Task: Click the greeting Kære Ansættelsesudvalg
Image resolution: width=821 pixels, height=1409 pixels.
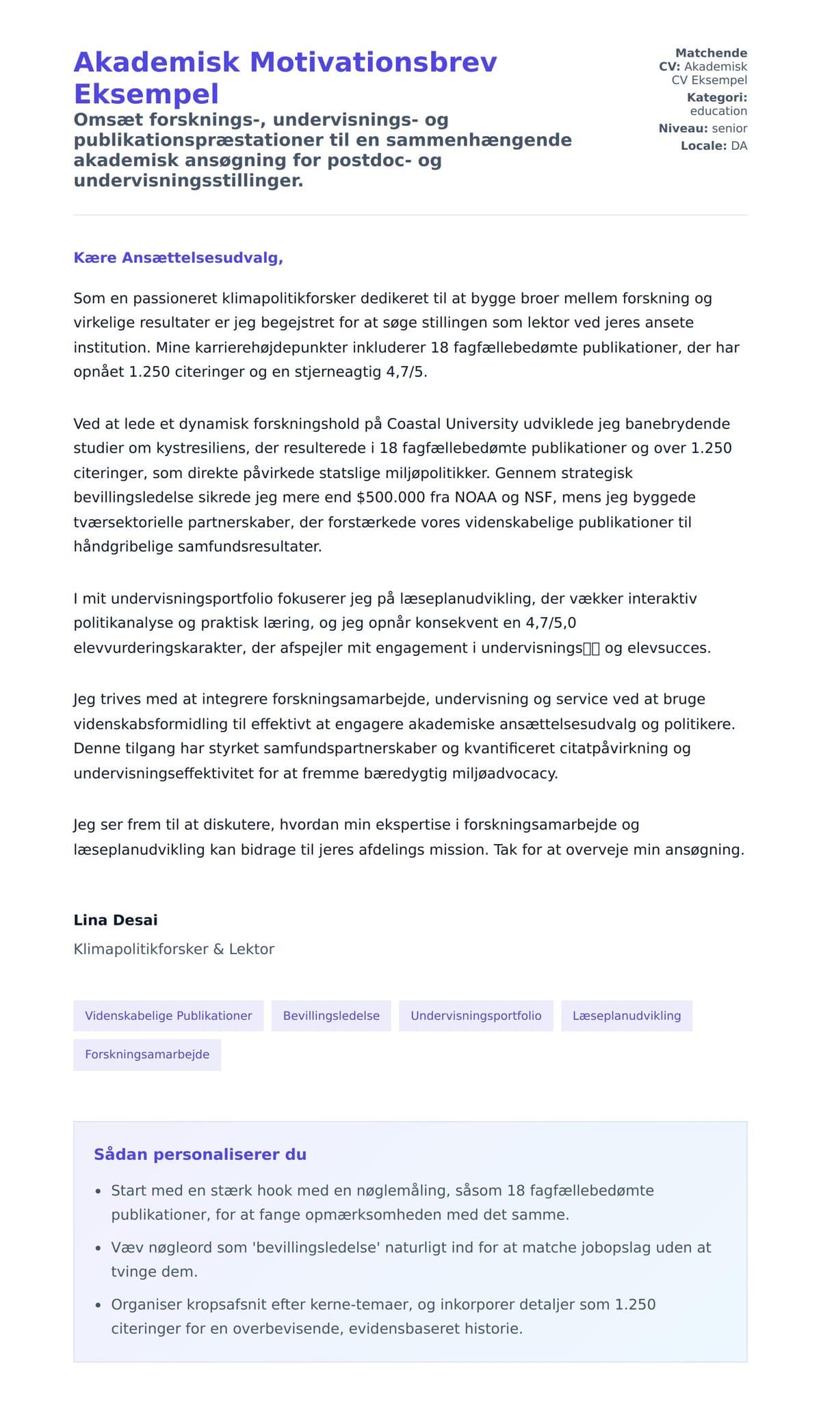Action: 178,258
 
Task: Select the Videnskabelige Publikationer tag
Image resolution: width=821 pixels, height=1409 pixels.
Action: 168,1016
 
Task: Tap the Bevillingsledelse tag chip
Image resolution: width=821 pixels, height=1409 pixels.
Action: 331,1016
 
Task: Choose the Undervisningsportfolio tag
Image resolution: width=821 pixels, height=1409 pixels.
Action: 475,1016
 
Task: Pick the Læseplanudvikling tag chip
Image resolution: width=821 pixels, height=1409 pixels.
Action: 626,1016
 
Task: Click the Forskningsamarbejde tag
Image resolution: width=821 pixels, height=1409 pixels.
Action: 147,1055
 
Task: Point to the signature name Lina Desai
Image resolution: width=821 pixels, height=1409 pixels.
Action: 116,920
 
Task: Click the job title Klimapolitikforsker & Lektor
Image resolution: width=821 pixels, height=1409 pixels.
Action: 174,949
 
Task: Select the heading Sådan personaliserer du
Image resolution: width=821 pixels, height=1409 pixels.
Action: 200,1155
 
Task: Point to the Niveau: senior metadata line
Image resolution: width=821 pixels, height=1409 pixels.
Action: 703,129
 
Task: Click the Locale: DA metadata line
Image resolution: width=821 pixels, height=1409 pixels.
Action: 714,146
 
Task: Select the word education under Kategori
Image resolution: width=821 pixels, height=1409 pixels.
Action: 718,111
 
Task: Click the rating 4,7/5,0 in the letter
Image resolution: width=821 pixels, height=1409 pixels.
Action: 551,623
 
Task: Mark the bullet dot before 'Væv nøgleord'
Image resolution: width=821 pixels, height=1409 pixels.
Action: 98,1248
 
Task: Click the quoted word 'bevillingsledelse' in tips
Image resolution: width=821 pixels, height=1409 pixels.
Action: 316,1248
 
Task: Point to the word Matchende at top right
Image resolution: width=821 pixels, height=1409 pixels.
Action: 711,53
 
